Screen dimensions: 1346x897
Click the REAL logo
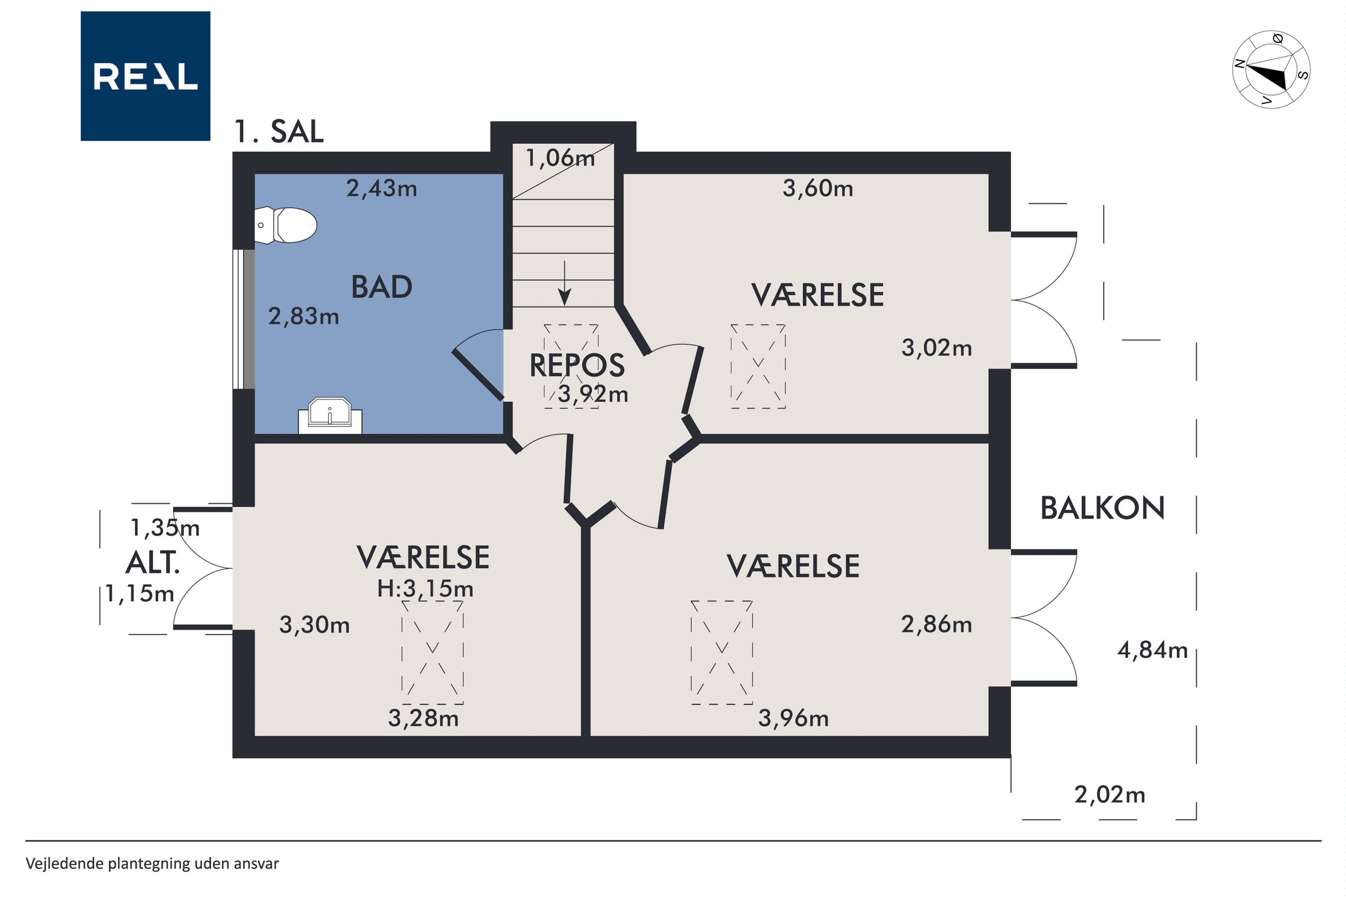[145, 76]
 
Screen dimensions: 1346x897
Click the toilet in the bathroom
[285, 225]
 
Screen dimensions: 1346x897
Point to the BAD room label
[382, 287]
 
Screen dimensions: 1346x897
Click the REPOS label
[577, 365]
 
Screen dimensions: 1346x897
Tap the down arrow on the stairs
[565, 283]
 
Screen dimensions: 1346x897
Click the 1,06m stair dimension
[560, 158]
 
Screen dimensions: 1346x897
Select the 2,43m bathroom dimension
[382, 188]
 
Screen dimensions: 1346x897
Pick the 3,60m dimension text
[817, 188]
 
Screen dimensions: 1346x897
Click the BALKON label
[1102, 508]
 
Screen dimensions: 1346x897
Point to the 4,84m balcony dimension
[1152, 651]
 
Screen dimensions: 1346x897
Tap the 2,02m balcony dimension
[1110, 795]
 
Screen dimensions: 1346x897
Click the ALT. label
[153, 563]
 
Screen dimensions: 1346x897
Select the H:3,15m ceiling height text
[425, 589]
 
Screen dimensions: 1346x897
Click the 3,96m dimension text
[794, 718]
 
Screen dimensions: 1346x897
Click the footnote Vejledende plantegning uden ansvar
[152, 863]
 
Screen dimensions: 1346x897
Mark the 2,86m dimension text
[937, 624]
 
